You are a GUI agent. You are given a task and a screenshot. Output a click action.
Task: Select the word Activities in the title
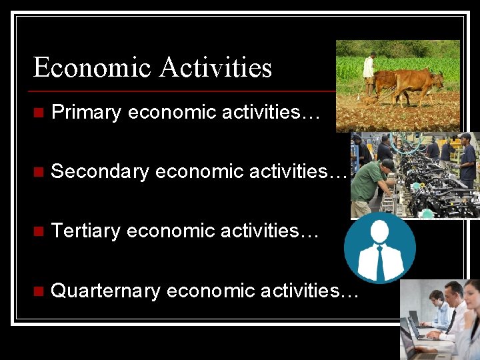click(x=216, y=68)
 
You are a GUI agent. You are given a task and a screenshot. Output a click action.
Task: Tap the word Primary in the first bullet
click(x=85, y=113)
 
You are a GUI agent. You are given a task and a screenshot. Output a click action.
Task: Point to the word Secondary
click(x=100, y=172)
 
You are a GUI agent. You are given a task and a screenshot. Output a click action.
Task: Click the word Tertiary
click(x=85, y=231)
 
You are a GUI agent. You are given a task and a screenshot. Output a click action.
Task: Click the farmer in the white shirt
click(x=368, y=72)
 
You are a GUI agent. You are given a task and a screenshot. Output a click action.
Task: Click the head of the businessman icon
click(x=380, y=231)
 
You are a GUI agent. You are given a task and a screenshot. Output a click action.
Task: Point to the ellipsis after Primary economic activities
click(x=311, y=114)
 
